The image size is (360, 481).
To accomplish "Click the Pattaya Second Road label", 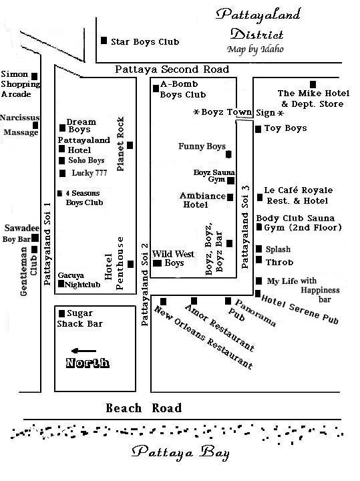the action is point(172,69).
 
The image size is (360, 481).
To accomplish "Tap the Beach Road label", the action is point(144,408).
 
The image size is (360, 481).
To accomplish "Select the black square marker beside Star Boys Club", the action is point(104,40).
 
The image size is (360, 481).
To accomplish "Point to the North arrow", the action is point(83,351).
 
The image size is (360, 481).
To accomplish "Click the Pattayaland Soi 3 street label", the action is point(245,227).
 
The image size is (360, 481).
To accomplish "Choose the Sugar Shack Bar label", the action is point(79,319).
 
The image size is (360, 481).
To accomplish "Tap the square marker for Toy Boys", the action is point(258,129).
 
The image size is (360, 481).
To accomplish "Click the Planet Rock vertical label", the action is point(120,144).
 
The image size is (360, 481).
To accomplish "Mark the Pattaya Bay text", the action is point(180,453).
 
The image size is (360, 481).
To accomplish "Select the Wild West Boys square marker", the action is point(158,263).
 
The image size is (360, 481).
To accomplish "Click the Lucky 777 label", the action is point(89,173).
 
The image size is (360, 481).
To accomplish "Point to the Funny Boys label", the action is point(202,146).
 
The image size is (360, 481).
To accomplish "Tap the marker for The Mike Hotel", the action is point(313,84).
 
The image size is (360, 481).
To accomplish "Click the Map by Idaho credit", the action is point(255,49).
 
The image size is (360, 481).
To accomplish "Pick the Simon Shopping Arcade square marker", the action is point(35,76).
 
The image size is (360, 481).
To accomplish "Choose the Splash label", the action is point(278,249).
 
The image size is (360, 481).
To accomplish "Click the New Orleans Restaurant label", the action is point(203,337).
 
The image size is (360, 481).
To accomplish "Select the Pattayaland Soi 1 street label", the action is point(47,244).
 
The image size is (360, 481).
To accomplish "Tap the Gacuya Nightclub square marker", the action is point(61,284).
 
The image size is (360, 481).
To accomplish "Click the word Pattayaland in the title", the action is point(258,15).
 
